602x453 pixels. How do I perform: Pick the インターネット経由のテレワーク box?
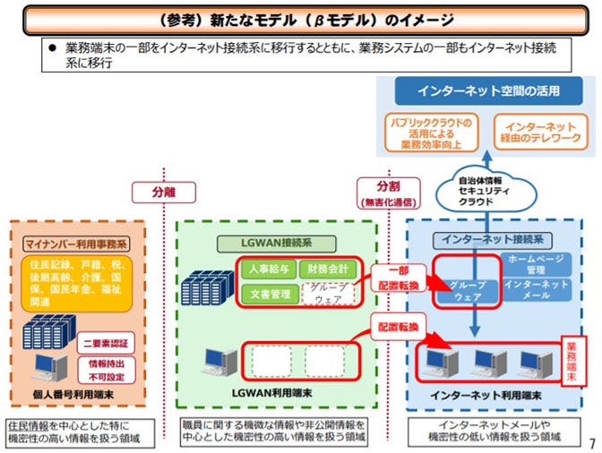539,132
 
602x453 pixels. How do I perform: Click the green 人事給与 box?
269,267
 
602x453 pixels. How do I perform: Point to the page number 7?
591,443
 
